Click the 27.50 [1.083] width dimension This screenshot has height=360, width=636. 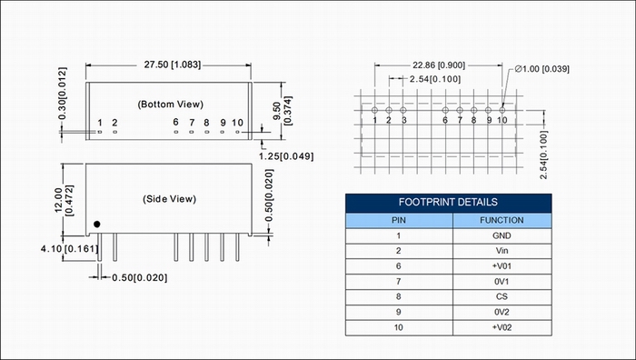click(173, 65)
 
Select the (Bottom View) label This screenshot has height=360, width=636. click(171, 105)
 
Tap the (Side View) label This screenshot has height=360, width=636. click(170, 199)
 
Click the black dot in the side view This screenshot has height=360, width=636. click(96, 224)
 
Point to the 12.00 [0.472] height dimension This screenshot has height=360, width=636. click(64, 200)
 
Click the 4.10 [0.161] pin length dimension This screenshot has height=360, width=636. click(69, 248)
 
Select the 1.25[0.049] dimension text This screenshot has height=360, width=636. click(286, 156)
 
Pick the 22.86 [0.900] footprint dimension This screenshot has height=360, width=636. click(439, 65)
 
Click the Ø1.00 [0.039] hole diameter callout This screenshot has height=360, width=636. click(542, 69)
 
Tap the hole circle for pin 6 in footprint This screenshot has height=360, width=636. click(445, 110)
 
